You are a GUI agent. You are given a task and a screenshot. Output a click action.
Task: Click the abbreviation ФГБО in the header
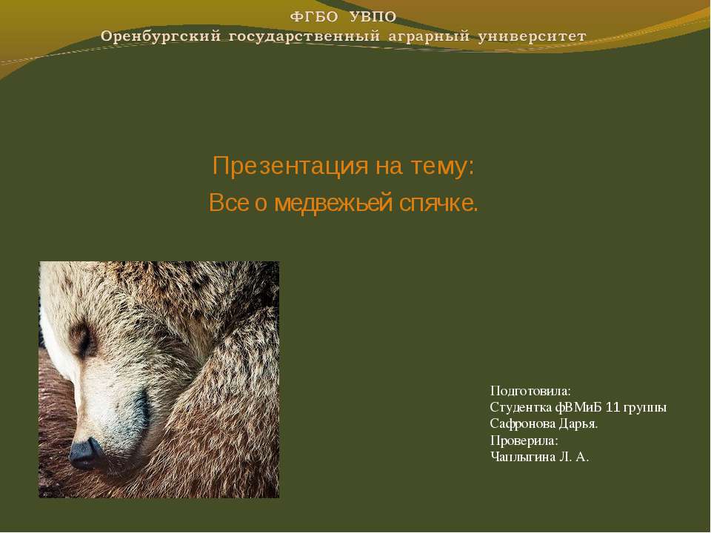click(312, 16)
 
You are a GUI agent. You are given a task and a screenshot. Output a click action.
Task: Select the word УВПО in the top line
click(369, 16)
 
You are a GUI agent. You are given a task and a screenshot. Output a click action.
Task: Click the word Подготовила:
click(530, 390)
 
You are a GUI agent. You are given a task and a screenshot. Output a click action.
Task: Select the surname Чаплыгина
click(522, 457)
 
